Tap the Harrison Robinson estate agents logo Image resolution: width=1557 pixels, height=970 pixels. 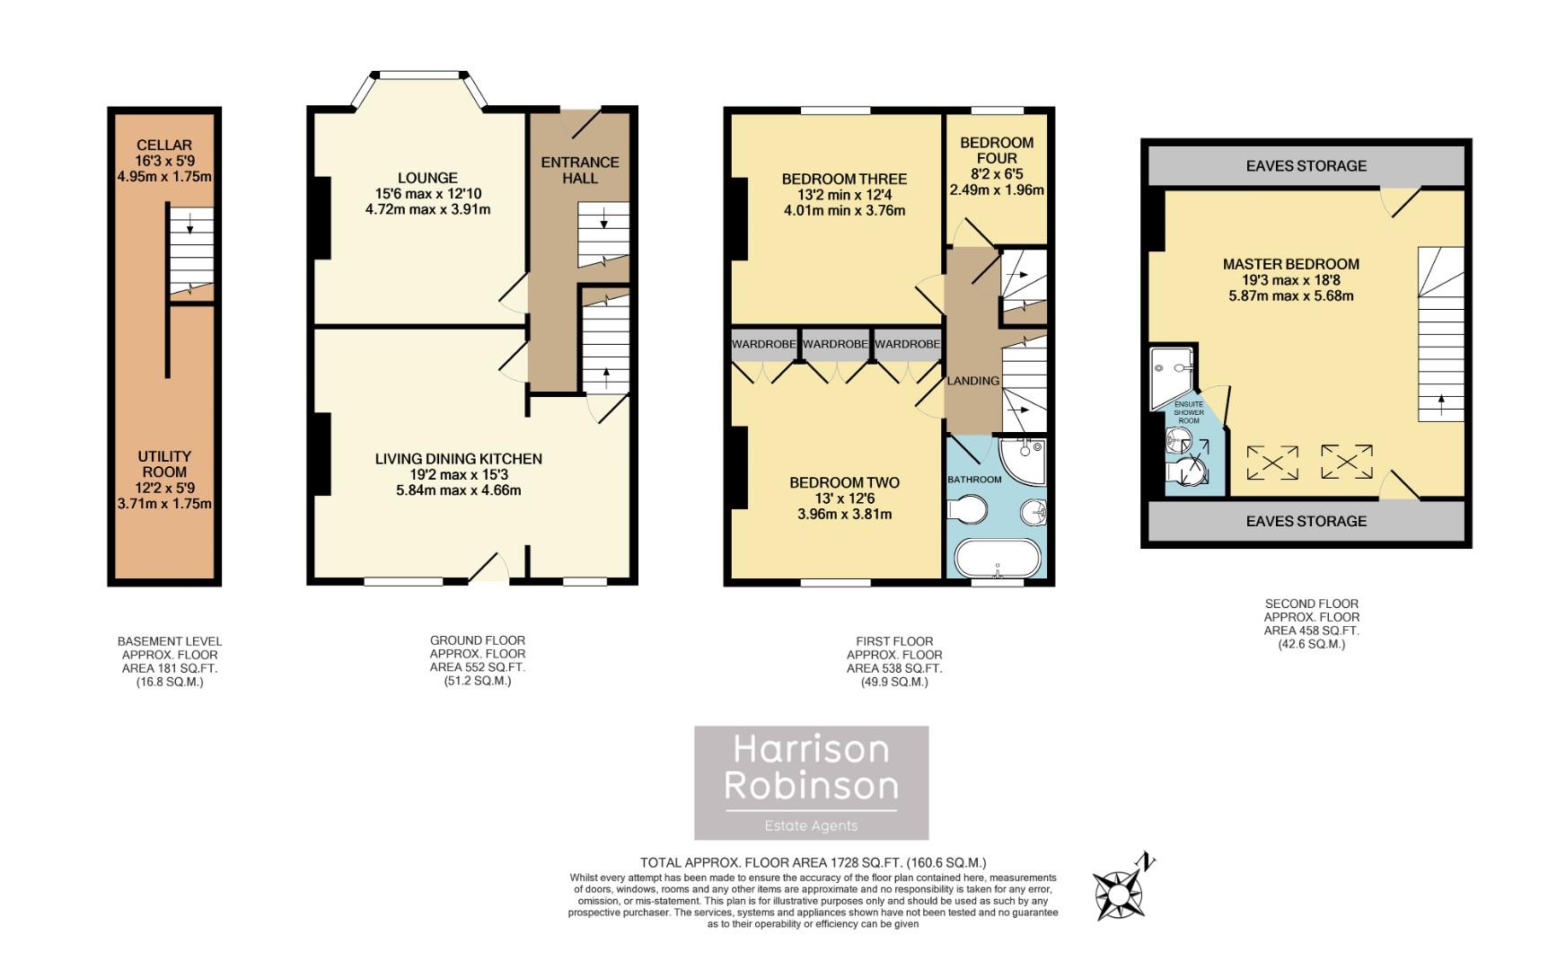811,782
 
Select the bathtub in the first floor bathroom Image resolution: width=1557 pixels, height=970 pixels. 997,558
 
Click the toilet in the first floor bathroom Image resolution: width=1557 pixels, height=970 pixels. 966,511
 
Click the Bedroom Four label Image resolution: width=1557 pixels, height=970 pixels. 997,150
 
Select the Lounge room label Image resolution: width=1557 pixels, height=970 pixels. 428,178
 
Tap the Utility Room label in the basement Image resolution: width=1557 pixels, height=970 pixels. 164,464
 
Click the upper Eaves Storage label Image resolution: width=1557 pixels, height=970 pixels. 1306,165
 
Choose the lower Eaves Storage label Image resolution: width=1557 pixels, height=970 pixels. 1306,521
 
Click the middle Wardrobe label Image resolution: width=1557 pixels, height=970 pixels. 835,344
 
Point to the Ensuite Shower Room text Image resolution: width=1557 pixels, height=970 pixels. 1188,412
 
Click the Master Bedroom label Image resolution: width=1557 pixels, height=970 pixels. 1290,264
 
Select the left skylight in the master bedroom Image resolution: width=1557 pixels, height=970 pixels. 1272,463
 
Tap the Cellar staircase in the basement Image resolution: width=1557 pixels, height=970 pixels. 191,250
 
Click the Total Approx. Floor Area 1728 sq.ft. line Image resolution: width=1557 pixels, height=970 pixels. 813,862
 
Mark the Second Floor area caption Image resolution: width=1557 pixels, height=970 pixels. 1311,623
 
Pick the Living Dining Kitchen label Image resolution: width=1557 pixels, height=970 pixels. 458,459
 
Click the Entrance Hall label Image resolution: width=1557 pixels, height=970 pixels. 579,170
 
